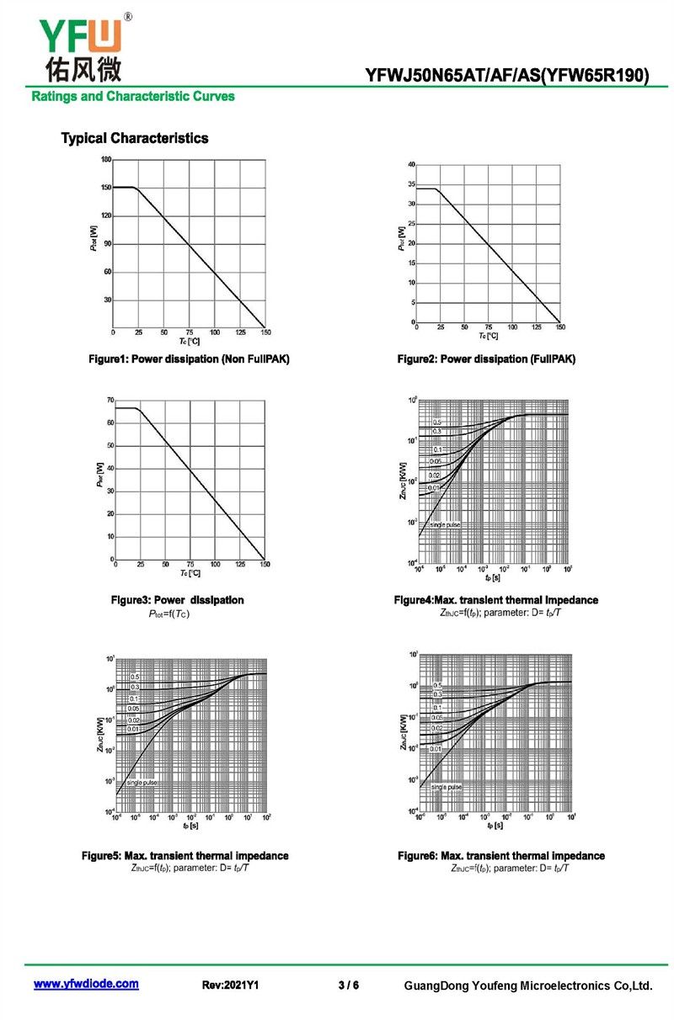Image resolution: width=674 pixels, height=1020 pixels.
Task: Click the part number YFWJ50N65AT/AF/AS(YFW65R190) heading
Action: tap(507, 76)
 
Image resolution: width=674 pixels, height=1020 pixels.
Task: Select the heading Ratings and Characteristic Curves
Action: tap(133, 96)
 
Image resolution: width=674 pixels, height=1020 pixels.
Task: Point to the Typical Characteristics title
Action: tap(135, 138)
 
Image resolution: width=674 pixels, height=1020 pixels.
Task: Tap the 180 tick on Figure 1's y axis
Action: tap(106, 160)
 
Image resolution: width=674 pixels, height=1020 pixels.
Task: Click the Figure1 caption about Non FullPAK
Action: tap(190, 359)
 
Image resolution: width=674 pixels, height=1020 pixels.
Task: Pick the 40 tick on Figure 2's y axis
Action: tap(411, 164)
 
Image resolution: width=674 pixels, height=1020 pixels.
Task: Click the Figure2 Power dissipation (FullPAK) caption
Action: tap(487, 359)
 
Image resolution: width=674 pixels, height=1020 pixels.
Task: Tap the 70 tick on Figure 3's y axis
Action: tap(110, 401)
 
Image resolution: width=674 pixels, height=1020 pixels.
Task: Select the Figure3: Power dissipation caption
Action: tap(178, 600)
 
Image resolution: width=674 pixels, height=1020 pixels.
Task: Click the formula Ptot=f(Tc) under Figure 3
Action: tap(169, 614)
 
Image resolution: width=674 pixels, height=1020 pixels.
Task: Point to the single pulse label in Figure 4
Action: tap(445, 525)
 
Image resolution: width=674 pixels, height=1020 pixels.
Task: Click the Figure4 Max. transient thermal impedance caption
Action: tap(496, 600)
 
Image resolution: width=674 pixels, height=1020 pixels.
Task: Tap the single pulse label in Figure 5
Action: tap(141, 783)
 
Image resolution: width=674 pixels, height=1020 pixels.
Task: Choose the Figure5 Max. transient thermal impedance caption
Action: tap(185, 855)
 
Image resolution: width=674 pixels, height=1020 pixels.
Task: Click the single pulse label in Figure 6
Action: tap(447, 787)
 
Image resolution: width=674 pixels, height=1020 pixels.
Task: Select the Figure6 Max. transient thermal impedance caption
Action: tap(501, 855)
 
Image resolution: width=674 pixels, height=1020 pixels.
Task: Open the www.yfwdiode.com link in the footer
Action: tap(86, 984)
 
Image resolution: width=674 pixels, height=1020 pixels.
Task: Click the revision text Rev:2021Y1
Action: tap(230, 985)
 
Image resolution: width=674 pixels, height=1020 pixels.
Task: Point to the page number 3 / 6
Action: tap(348, 985)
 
